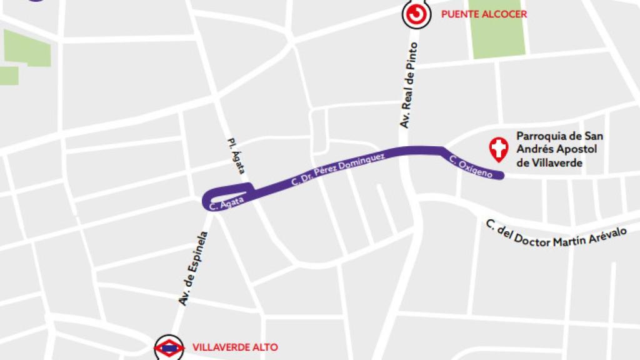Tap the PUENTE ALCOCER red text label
click(484, 14)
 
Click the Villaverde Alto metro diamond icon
click(169, 347)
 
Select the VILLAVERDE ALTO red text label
click(235, 347)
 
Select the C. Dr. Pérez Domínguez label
click(342, 167)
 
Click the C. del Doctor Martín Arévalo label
click(556, 236)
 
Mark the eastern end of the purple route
click(501, 176)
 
